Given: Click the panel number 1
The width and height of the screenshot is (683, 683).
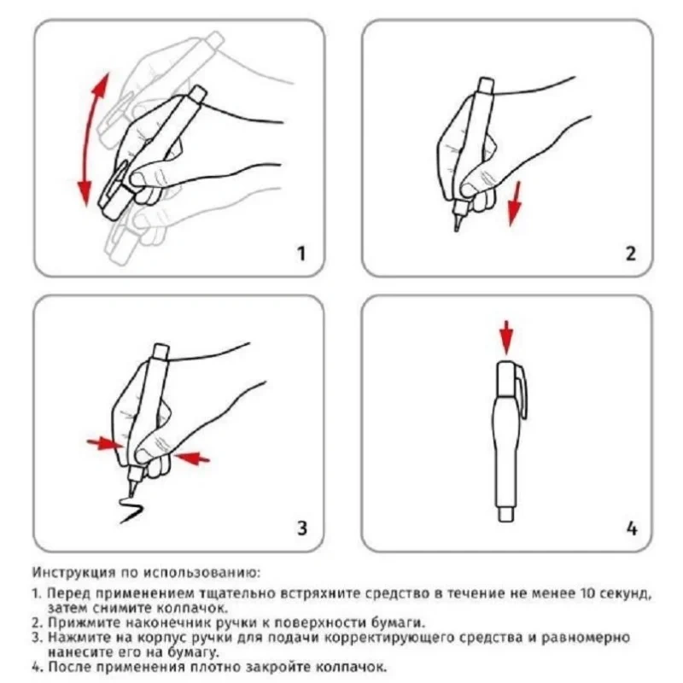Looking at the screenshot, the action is pos(301,253).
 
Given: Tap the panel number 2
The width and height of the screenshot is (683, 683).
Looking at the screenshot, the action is pos(630,253).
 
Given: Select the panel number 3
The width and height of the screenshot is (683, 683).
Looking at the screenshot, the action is pos(302,528).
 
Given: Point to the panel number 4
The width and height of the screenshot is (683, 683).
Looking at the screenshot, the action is pos(632,528).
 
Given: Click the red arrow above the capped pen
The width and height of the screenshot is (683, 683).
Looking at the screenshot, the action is pos(506,337).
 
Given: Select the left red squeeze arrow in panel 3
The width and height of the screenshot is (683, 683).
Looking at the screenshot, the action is pos(104,443).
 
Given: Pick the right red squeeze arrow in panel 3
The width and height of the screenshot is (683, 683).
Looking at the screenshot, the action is pos(191,458).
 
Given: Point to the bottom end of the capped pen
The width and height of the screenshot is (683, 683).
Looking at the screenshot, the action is pos(506,520).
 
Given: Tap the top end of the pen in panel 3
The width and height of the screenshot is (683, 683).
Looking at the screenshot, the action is pos(161,346).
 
